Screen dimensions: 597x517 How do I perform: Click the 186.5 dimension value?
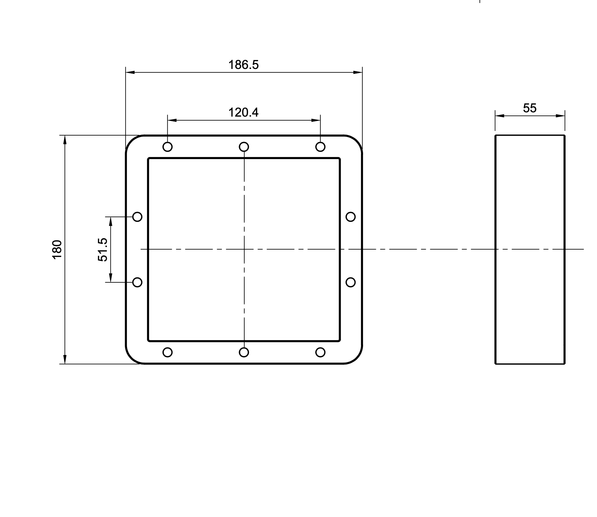(243, 65)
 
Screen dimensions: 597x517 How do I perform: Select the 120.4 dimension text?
(243, 112)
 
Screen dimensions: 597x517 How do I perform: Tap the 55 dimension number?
(530, 108)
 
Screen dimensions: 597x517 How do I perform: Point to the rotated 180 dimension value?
(57, 250)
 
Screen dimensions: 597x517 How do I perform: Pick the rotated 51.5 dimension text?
(103, 250)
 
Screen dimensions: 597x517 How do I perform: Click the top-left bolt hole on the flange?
(168, 147)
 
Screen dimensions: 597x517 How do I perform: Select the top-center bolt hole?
(244, 147)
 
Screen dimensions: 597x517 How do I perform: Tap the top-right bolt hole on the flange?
(320, 147)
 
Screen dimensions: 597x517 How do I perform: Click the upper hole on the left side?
(137, 217)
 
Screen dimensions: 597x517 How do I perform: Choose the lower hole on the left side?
(137, 282)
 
